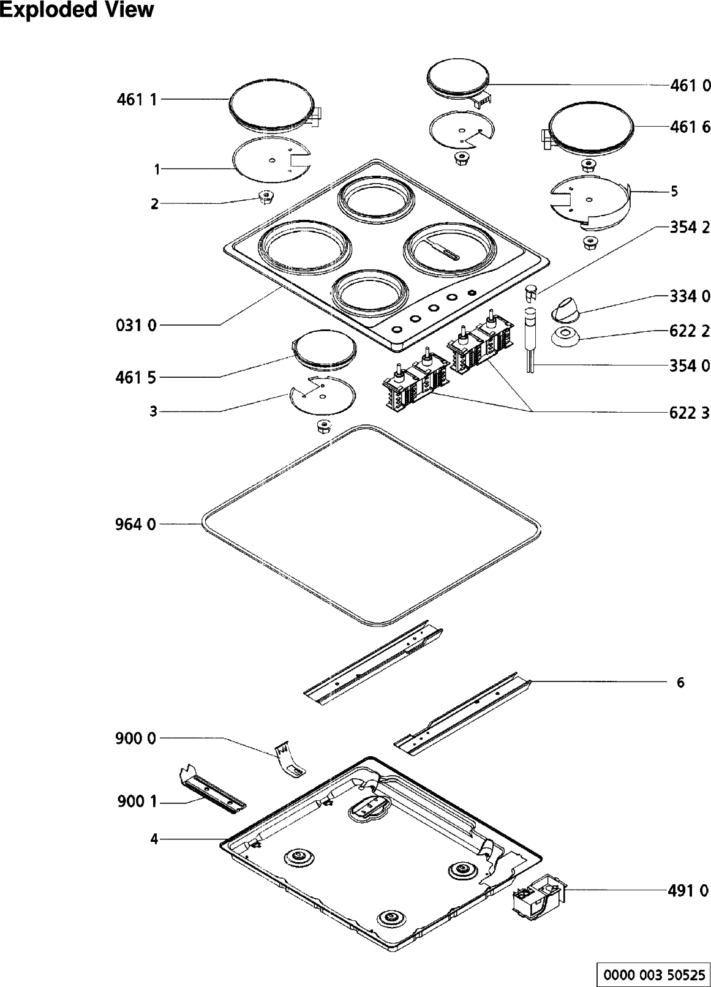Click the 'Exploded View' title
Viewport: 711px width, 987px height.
[x=77, y=10]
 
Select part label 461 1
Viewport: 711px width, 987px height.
[x=137, y=99]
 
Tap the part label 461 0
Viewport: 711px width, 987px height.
[x=690, y=86]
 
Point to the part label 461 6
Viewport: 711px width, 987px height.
[x=690, y=127]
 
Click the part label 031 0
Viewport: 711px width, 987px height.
[x=136, y=325]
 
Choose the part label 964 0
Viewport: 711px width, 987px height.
[x=135, y=524]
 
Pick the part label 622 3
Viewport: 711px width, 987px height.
[x=690, y=413]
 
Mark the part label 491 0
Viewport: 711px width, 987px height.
[x=688, y=891]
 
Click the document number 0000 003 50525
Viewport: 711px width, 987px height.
[x=653, y=974]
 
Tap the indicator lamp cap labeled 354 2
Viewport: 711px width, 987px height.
[x=531, y=291]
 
